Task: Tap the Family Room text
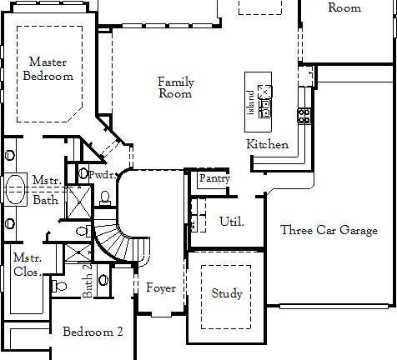[x=176, y=87]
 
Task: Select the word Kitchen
[x=268, y=145]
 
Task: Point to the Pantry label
[x=214, y=178]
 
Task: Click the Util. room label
[x=231, y=222]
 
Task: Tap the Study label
[x=227, y=293]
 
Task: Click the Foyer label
[x=161, y=288]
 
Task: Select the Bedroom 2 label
[x=93, y=332]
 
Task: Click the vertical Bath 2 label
[x=87, y=282]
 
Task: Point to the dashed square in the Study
[x=226, y=292]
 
